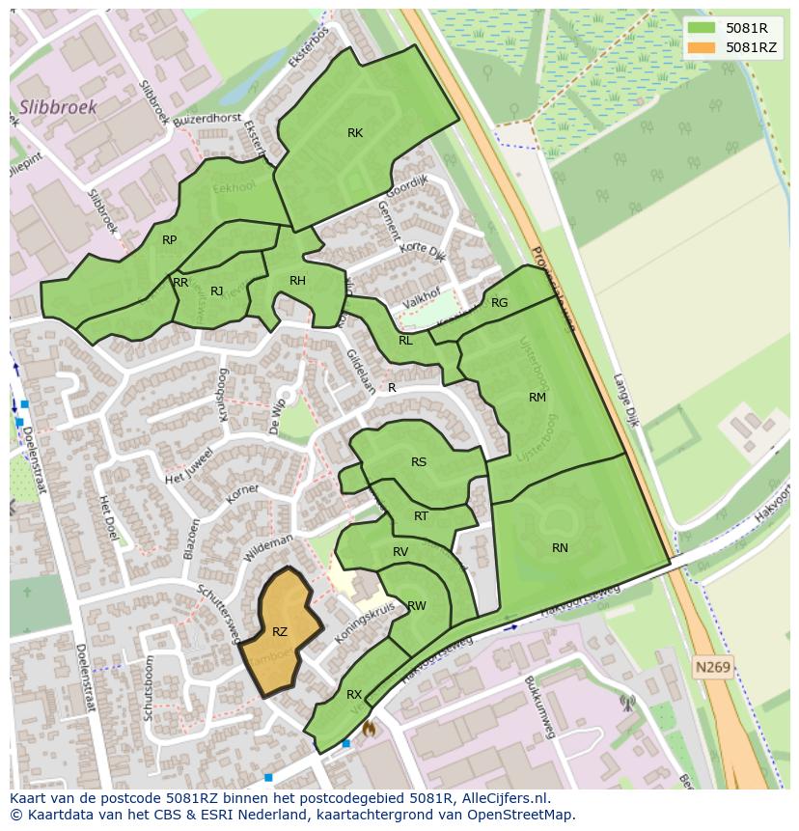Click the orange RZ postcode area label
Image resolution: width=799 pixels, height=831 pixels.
280,632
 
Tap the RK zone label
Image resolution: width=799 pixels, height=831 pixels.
355,133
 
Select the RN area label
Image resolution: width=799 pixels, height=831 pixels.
560,547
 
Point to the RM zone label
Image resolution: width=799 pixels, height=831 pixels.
537,397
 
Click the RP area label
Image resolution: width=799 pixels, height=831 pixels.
169,240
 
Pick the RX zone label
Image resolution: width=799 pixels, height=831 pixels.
354,694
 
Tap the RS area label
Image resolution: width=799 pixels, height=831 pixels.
418,462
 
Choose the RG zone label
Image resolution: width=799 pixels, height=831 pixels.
499,303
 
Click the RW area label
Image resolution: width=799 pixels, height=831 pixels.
417,606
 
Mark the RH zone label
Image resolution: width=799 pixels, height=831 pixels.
297,281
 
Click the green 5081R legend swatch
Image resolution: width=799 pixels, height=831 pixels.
702,28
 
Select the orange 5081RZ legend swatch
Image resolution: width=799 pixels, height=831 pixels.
702,47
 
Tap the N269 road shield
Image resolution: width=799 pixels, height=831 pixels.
713,667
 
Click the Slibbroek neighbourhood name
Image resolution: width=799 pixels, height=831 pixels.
58,107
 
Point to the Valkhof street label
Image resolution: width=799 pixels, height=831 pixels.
421,300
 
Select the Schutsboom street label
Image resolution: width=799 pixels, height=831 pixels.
149,688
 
